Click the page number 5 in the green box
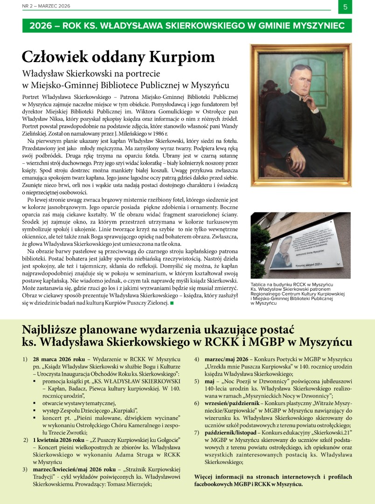point(345,7)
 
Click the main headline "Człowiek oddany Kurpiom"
point(118,56)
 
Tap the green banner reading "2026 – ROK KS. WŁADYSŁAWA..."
point(187,26)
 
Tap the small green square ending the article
point(172,303)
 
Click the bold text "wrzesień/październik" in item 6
point(233,402)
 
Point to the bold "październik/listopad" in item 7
point(233,432)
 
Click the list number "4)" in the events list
point(197,360)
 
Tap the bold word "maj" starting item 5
point(210,381)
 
